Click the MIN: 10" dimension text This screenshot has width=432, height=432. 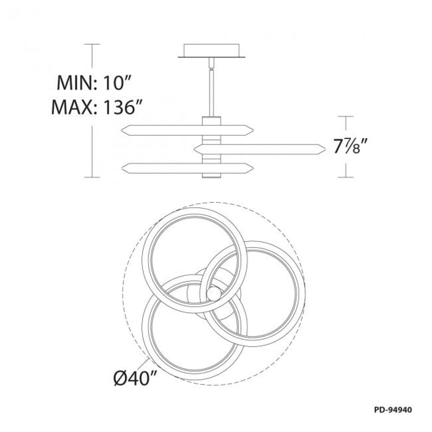[x=93, y=83]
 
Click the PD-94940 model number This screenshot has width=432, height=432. [x=393, y=410]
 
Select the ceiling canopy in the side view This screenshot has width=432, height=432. [x=212, y=51]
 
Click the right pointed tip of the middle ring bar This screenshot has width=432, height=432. [x=325, y=149]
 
